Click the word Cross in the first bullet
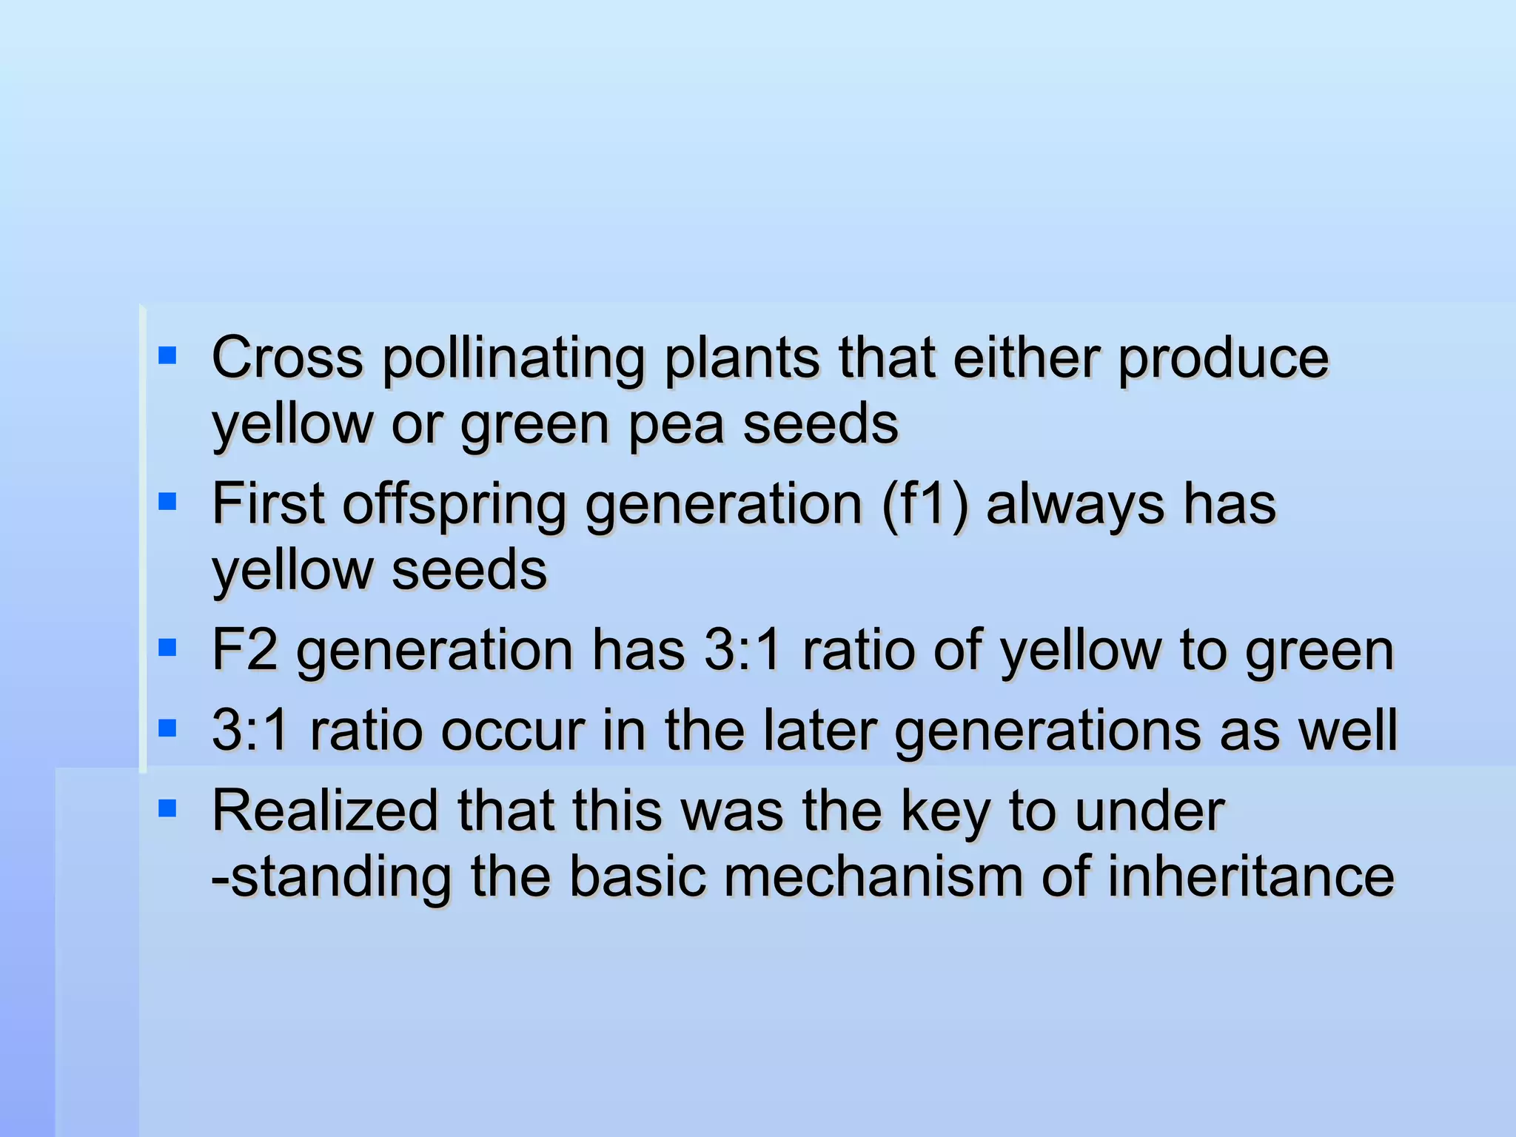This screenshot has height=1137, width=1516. [x=287, y=358]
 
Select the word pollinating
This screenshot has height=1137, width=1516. [x=514, y=359]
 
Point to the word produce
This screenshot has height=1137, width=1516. [x=1223, y=359]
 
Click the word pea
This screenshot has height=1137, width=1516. [x=675, y=426]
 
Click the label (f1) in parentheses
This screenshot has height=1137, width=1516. [x=925, y=505]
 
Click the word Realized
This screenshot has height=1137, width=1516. [x=326, y=811]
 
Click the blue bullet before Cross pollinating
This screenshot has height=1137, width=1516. [x=167, y=357]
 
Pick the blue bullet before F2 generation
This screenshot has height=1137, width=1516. [x=167, y=649]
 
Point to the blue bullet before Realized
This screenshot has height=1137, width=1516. [x=167, y=808]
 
